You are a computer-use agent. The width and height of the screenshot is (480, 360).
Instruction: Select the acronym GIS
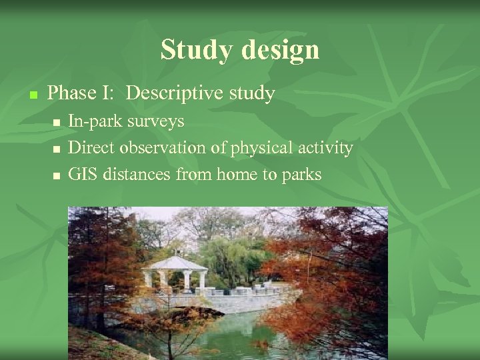[x=83, y=175]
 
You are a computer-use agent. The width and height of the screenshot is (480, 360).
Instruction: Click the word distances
[x=137, y=175]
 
